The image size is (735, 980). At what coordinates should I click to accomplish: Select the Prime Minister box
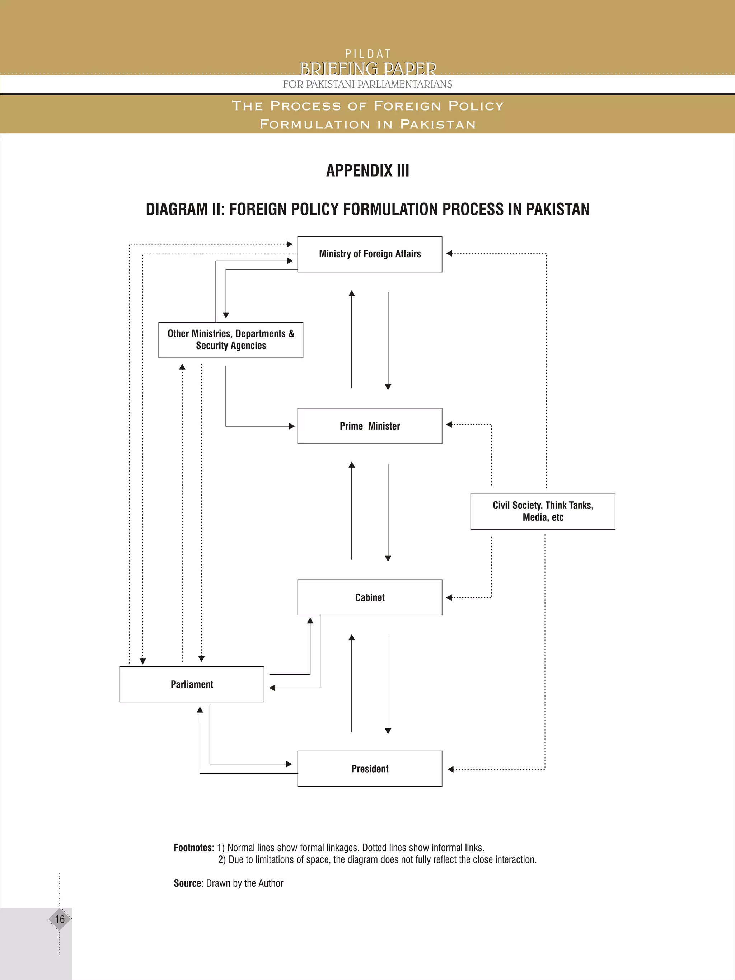(x=370, y=426)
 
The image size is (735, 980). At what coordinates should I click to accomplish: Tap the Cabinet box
(x=370, y=597)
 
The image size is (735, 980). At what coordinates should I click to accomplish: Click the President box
(x=370, y=769)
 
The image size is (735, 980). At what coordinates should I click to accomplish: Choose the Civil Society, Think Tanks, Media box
(x=543, y=511)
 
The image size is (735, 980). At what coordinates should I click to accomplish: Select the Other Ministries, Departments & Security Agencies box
(x=230, y=340)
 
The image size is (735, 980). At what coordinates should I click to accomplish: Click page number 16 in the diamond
(x=59, y=919)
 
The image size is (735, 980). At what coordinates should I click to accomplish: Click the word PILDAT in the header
(x=368, y=54)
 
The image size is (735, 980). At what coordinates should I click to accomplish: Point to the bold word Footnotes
(x=193, y=848)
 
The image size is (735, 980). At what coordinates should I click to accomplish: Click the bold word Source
(x=187, y=883)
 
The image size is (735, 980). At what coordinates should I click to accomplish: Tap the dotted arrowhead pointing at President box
(x=450, y=769)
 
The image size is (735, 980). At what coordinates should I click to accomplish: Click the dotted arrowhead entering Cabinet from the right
(x=449, y=598)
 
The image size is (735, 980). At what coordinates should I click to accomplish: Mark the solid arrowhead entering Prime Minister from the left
(x=292, y=426)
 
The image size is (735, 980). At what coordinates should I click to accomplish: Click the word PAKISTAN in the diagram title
(x=557, y=209)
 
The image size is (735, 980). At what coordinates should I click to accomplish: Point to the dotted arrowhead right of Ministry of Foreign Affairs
(x=449, y=253)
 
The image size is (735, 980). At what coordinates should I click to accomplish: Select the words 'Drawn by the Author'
(x=244, y=883)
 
